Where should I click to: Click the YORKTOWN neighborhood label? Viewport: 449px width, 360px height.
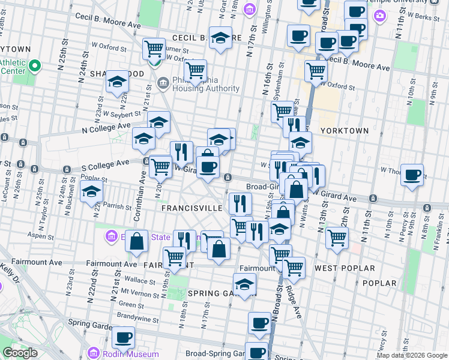pos(344,130)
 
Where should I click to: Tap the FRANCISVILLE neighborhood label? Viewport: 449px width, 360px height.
pos(192,208)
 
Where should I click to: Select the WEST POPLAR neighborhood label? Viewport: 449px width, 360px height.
pos(345,268)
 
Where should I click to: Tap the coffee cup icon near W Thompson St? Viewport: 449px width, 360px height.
pos(412,175)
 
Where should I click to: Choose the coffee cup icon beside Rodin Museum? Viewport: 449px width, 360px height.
pos(123,337)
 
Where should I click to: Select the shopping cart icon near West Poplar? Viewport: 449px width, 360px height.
pos(337,238)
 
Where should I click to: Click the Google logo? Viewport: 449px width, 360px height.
pos(20,353)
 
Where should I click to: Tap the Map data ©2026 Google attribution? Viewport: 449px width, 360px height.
pos(412,355)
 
